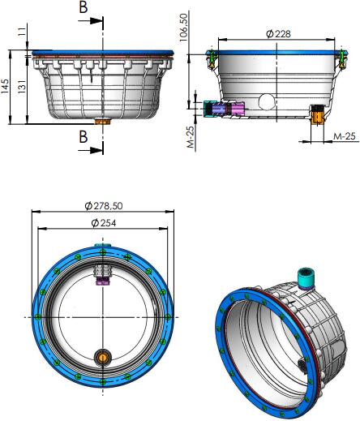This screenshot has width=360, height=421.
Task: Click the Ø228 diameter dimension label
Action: pos(278,34)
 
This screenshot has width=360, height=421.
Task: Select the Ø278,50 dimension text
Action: pos(104,206)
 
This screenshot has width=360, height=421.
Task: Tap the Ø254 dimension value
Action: pos(104,223)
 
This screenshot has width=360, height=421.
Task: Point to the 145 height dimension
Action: pos(5,87)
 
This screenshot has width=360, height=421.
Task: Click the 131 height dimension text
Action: pos(22,87)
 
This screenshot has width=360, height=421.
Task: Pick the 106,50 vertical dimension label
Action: pos(184,28)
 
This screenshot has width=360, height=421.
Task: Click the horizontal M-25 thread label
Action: pos(345,136)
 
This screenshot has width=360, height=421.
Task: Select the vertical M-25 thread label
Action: pos(191,137)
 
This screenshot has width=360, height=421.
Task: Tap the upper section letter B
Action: pos(84,7)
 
